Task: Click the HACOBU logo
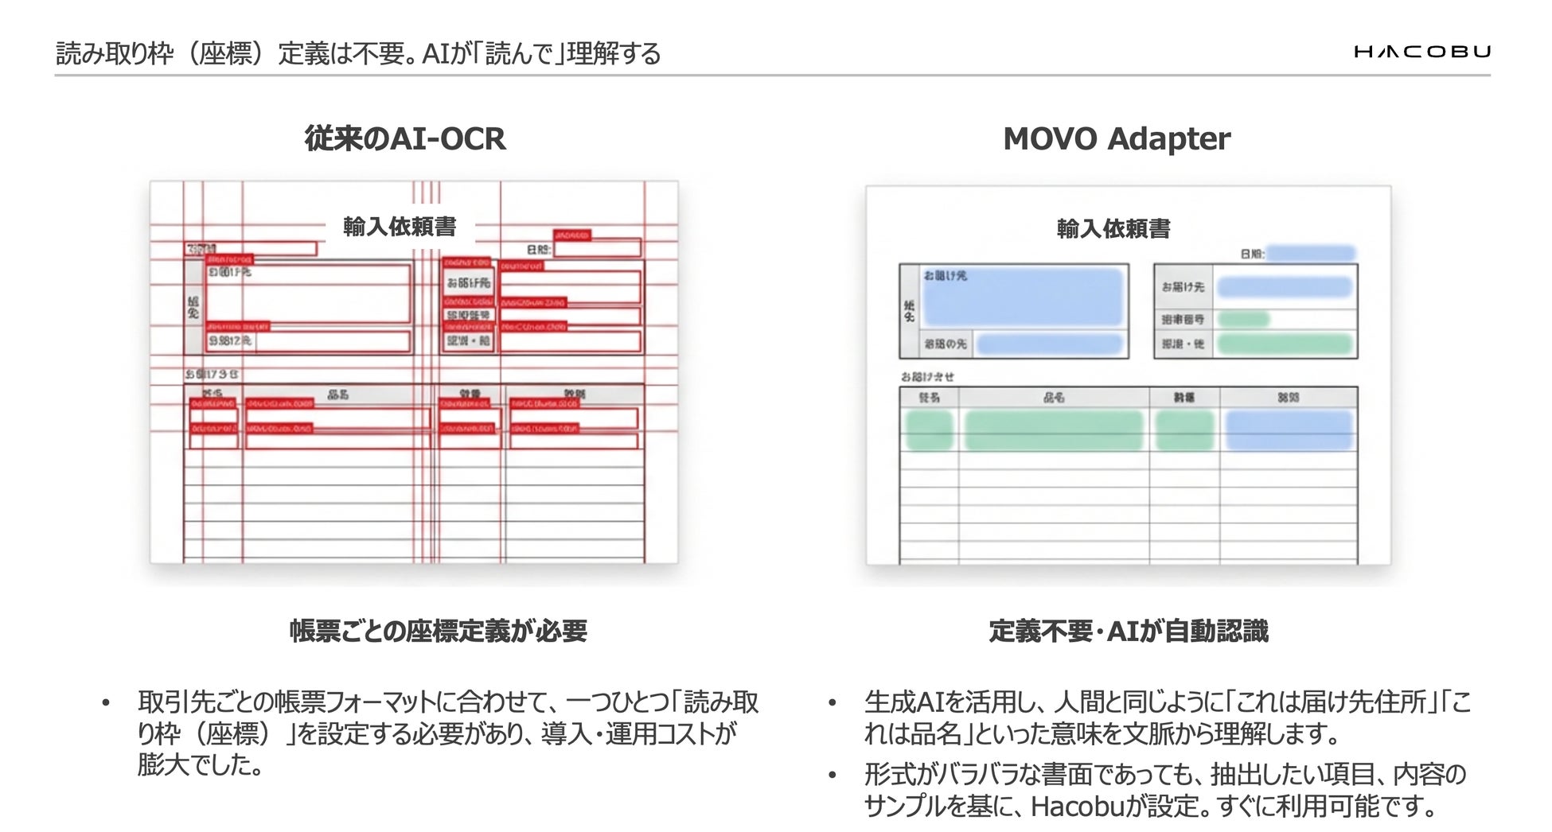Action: click(1421, 52)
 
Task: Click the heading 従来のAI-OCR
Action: click(404, 138)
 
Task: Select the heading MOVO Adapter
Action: click(1116, 138)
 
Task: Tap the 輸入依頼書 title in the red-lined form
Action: click(400, 227)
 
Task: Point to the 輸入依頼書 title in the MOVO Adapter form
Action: click(1113, 229)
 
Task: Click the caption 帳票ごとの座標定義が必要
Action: click(438, 631)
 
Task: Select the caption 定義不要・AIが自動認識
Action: click(1128, 631)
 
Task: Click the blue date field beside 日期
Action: click(1311, 254)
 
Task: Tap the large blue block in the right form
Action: click(1023, 297)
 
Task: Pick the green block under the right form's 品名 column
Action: click(1053, 430)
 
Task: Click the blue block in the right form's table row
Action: click(1289, 430)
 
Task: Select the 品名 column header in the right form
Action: click(1053, 397)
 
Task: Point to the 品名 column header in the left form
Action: click(337, 395)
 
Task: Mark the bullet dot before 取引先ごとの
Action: click(105, 703)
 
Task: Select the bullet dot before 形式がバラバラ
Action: click(833, 775)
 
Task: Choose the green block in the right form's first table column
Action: click(929, 430)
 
